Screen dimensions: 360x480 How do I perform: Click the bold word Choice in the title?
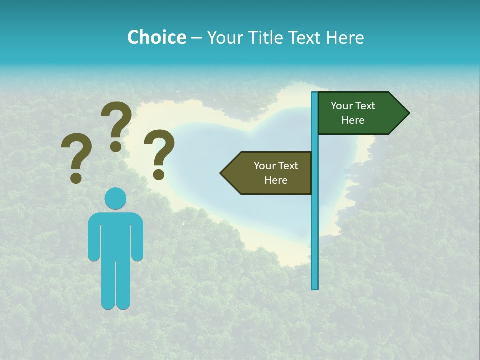tap(156, 37)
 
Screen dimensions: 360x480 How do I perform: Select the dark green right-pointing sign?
tap(360, 113)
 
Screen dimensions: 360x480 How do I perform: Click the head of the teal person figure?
tap(115, 198)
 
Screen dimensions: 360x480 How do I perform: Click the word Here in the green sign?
tap(353, 120)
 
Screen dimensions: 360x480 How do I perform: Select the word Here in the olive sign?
tap(276, 180)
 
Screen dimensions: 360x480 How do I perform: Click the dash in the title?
tap(196, 37)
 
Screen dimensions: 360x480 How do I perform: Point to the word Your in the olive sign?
tap(264, 166)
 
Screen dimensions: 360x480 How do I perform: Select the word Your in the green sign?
tap(341, 106)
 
